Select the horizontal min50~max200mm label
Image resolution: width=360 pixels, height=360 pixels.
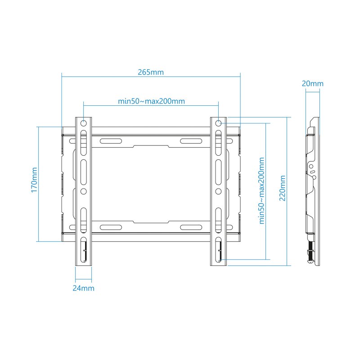tap(151, 101)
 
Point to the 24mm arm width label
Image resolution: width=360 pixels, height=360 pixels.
tap(83, 288)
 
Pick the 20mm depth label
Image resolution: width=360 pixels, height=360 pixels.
tap(312, 83)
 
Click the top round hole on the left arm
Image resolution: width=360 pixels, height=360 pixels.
tap(84, 123)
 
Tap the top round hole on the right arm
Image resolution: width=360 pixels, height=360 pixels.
tap(218, 123)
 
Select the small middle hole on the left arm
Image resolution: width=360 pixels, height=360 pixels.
tap(84, 191)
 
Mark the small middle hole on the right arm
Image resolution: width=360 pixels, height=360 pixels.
tap(218, 191)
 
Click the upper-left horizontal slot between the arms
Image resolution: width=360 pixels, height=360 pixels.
tap(111, 141)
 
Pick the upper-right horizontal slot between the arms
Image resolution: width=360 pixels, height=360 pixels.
tap(191, 141)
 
